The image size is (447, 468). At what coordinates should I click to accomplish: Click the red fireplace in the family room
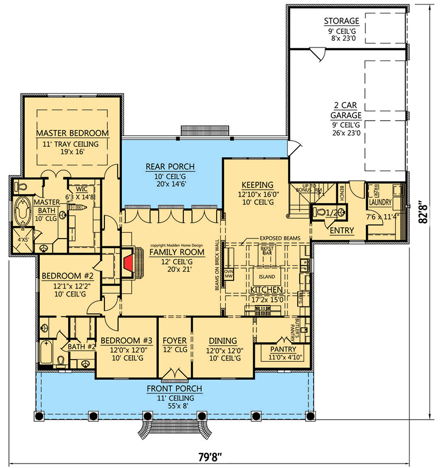(129, 262)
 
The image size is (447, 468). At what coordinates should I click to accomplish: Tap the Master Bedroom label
(72, 133)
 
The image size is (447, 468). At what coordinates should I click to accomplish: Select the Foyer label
(174, 341)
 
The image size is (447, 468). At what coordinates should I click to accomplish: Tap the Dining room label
(223, 341)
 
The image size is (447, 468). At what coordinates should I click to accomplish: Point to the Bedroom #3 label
(126, 341)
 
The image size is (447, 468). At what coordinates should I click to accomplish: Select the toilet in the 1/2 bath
(320, 212)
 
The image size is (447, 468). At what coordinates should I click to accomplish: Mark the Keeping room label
(257, 185)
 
